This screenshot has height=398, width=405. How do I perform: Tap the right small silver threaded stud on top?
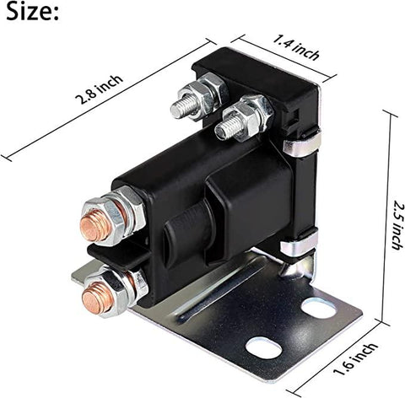click(x=226, y=129)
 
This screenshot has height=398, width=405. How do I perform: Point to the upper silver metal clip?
click(x=302, y=144)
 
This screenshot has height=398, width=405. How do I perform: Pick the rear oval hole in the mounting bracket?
click(x=319, y=307)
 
